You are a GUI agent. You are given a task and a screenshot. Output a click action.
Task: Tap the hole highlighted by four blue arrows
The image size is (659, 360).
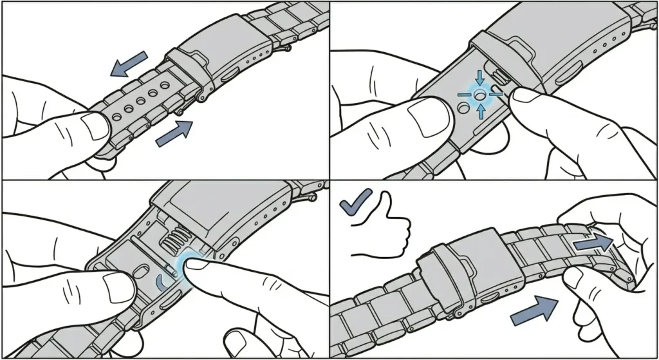click(x=479, y=94)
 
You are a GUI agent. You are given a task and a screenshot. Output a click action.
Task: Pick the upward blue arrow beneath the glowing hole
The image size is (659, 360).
click(x=480, y=111)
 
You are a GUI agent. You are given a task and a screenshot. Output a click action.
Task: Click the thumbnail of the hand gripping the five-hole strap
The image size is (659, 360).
click(x=95, y=127)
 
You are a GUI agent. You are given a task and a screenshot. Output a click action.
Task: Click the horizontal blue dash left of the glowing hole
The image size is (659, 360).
click(x=464, y=94)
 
